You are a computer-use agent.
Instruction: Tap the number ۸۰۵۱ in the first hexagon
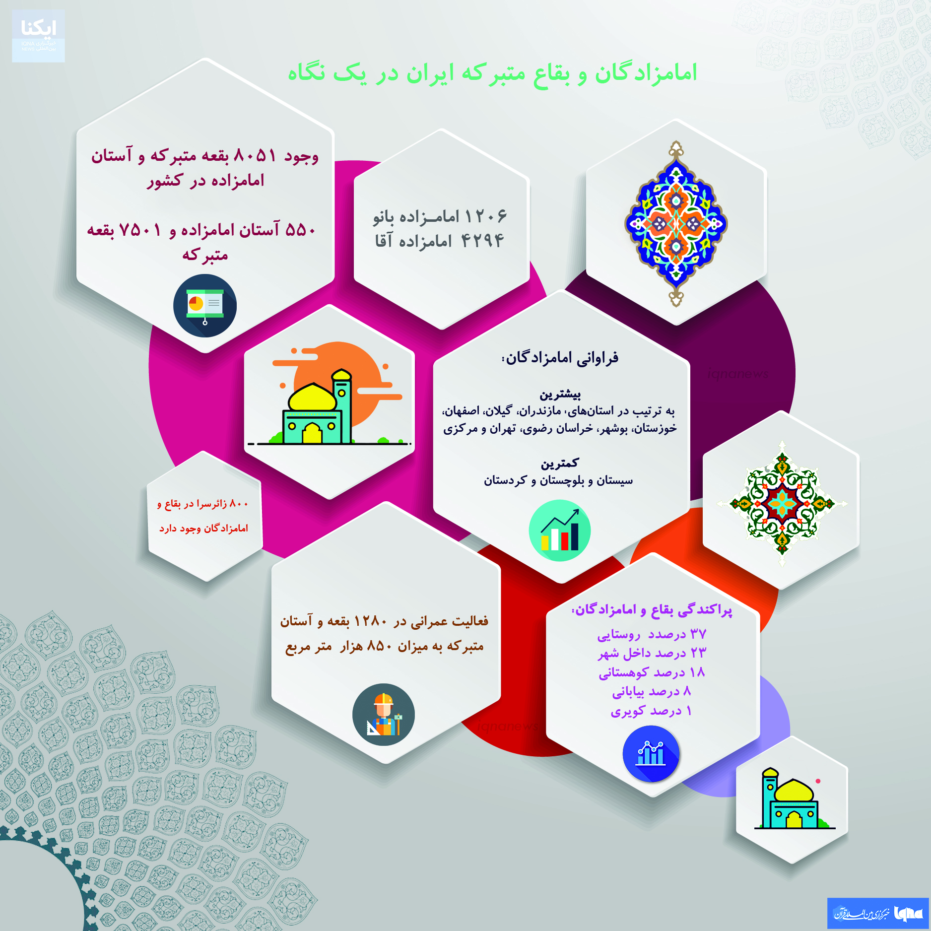tap(255, 156)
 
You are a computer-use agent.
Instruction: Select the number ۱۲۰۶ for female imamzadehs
tap(486, 216)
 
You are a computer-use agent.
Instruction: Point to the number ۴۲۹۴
tap(482, 241)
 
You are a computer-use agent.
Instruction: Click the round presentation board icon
tap(205, 306)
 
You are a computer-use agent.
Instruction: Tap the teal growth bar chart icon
tap(560, 531)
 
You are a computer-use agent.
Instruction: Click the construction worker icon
tap(384, 715)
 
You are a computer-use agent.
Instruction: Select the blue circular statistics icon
tap(651, 754)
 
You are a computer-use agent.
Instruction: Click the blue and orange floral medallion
tap(676, 224)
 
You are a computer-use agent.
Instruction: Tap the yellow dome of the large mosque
tap(313, 397)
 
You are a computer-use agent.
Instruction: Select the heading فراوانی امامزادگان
tap(561, 358)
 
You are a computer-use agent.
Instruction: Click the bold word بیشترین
tap(560, 395)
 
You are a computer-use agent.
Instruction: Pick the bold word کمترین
tap(560, 464)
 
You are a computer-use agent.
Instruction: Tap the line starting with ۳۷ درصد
tap(651, 635)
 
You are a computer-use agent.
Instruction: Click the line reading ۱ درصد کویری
tap(651, 711)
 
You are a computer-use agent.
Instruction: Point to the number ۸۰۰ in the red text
tap(239, 504)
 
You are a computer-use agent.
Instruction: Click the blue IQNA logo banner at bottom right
tap(878, 913)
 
